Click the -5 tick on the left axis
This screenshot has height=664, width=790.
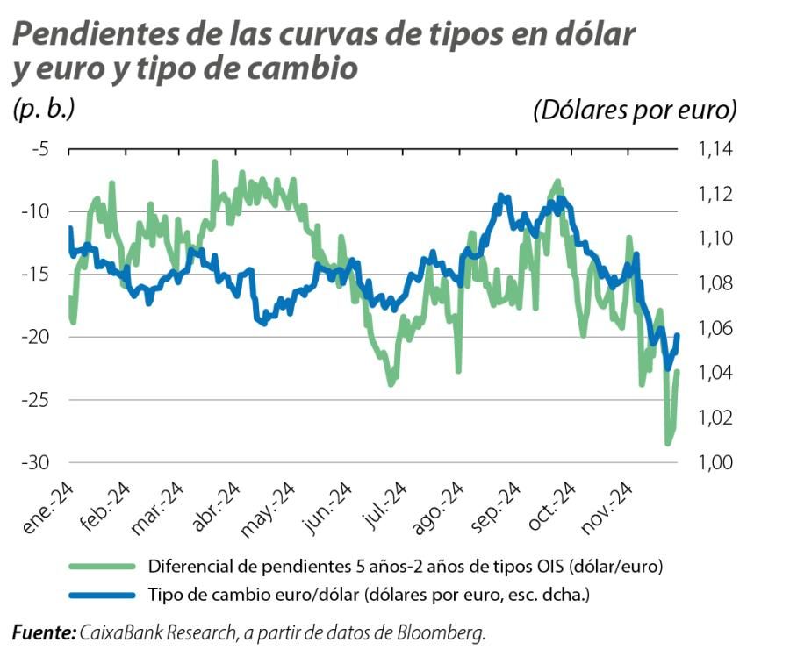(39, 149)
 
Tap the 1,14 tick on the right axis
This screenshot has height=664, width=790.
(716, 149)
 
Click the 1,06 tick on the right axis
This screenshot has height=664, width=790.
(716, 328)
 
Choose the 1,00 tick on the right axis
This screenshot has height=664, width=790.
(716, 462)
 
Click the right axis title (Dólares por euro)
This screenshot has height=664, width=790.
(634, 111)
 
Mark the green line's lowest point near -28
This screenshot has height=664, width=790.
(668, 444)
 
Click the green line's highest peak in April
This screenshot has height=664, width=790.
(214, 163)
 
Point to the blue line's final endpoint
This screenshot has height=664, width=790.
(677, 335)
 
